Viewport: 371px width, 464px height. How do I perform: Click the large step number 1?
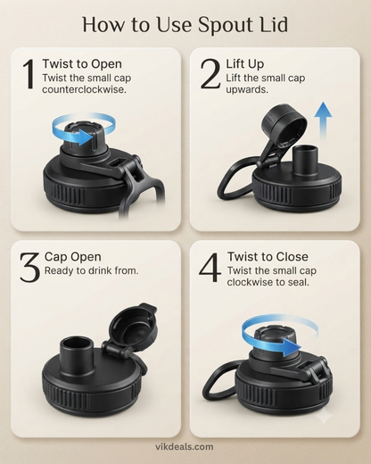29,74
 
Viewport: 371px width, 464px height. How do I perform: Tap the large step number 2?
210,74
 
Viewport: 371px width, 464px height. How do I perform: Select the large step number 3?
29,267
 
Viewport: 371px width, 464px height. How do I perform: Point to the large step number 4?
210,267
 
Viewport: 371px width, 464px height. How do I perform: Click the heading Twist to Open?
82,64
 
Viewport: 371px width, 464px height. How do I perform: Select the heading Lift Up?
245,64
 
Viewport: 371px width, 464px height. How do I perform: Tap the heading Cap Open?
73,257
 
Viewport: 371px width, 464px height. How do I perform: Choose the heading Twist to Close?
268,257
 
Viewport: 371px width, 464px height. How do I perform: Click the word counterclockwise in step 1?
85,89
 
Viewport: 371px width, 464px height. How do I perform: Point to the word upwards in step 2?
247,89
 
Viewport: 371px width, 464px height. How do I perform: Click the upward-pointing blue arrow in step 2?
323,120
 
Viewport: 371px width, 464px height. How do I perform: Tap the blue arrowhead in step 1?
88,137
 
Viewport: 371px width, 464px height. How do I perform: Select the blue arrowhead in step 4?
291,346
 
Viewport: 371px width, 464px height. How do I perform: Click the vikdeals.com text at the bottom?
185,447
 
